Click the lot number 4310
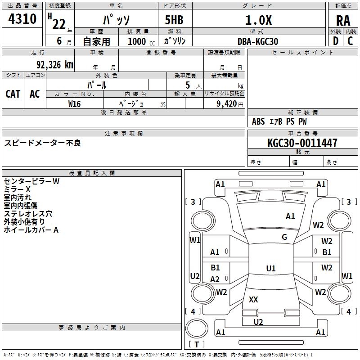point(22,19)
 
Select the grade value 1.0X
point(258,20)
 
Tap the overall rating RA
point(343,21)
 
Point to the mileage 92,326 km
point(55,65)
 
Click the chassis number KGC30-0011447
point(302,143)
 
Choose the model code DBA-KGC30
point(258,41)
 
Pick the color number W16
point(74,104)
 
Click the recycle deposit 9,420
point(227,104)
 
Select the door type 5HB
point(174,20)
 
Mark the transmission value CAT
point(13,94)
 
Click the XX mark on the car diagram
point(253,299)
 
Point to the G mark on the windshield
point(284,237)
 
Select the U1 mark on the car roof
point(271,268)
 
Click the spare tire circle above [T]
point(197,328)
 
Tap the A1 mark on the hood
point(290,216)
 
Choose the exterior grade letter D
point(336,41)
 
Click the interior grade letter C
point(351,41)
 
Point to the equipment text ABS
point(258,121)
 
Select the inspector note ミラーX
point(17,189)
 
